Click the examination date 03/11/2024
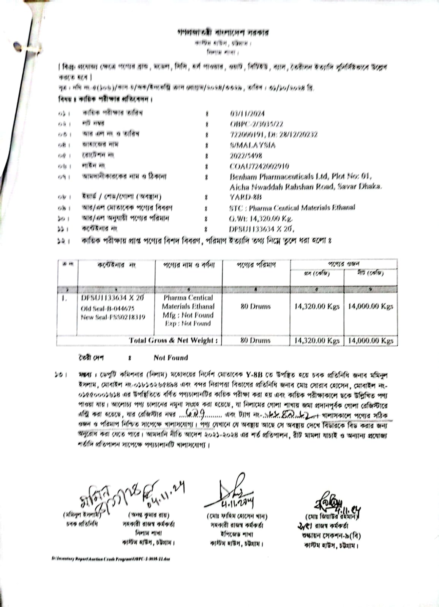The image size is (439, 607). coord(247,113)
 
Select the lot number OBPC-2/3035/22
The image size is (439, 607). coord(256,124)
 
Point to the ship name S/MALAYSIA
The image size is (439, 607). coord(253,145)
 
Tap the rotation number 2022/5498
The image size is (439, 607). coord(246,156)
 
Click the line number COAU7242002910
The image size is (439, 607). coord(259,166)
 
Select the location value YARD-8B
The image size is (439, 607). coord(245,197)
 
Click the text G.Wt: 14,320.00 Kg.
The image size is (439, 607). coord(261,219)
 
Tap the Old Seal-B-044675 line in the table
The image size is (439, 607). coord(107,308)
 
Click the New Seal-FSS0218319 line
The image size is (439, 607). coord(113,317)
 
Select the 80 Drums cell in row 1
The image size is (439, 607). coord(255,307)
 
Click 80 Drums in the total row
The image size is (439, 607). coord(255,340)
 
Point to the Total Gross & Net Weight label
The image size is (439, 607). coord(174,340)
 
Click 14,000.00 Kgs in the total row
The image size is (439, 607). coord(370,341)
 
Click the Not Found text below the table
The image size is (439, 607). coord(171,358)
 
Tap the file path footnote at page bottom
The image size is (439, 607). coord(111,559)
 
